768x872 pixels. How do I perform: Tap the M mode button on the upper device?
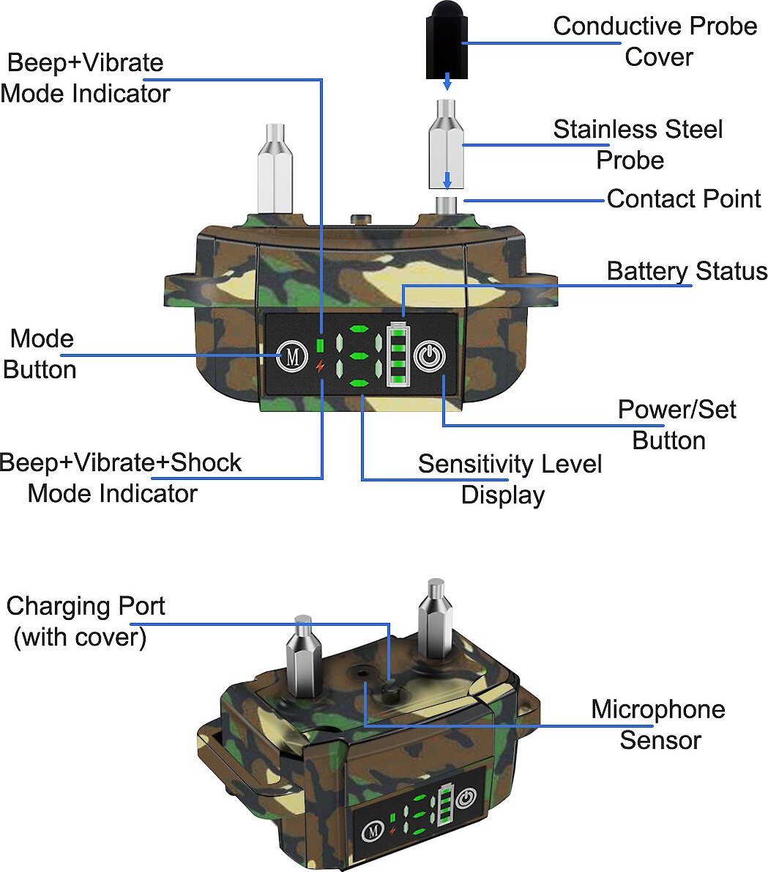(292, 358)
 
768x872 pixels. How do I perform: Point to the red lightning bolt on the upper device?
(319, 366)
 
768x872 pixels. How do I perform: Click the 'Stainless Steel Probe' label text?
(637, 144)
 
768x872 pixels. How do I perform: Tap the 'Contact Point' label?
(684, 199)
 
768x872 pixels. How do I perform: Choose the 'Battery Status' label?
(687, 271)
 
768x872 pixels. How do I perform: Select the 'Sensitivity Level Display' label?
(510, 479)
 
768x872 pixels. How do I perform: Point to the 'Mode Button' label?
(41, 354)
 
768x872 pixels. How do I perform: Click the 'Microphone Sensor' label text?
(657, 724)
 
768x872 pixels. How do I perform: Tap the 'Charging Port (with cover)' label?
(85, 621)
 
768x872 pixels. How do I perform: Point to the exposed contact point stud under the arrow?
(447, 204)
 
